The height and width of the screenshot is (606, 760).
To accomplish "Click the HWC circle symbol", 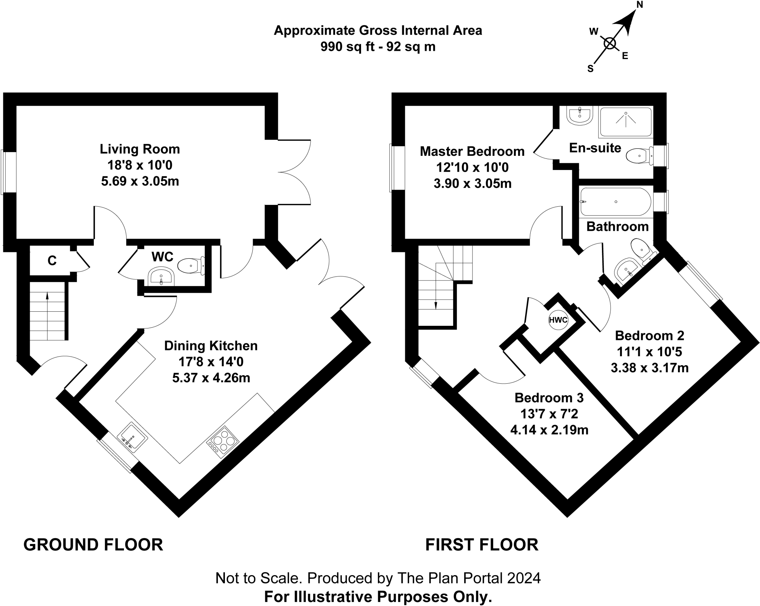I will coord(558,320).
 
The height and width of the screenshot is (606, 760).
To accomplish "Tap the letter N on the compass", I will coord(639,5).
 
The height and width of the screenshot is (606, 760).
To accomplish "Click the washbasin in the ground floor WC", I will coord(161,277).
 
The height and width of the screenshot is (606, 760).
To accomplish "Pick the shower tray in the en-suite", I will coord(625,121).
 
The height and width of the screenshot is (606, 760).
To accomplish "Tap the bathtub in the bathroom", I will coord(615,202).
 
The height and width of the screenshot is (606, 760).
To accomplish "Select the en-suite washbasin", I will coord(579,115).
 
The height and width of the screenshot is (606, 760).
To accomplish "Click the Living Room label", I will coord(140,149).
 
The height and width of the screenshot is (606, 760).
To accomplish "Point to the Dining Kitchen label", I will coord(211,346).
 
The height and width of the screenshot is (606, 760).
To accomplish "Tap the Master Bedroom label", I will coord(472,151).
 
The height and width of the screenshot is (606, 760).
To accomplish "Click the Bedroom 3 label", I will coord(549,398).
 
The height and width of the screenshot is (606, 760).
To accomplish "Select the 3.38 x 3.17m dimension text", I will coord(649,368).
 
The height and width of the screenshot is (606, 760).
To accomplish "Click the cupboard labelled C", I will coord(52,261).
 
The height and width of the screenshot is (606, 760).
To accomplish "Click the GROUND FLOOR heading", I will coord(93,545).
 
